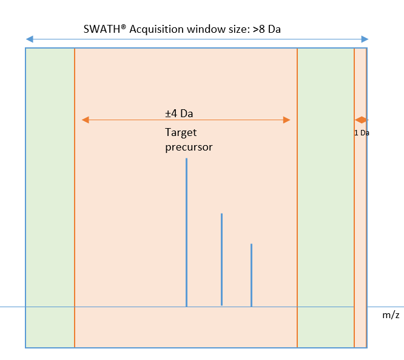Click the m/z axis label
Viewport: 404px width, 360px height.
tap(391, 316)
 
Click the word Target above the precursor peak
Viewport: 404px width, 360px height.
tap(181, 132)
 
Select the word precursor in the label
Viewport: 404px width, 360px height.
tap(189, 146)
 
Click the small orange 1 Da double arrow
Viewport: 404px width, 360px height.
tap(362, 120)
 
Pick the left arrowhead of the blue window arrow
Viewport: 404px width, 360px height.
tap(29, 39)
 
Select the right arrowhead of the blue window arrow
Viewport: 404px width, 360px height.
tap(365, 39)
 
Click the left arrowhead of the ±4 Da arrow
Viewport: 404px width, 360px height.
tap(86, 120)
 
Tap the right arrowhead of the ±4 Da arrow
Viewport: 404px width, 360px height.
tap(286, 120)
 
